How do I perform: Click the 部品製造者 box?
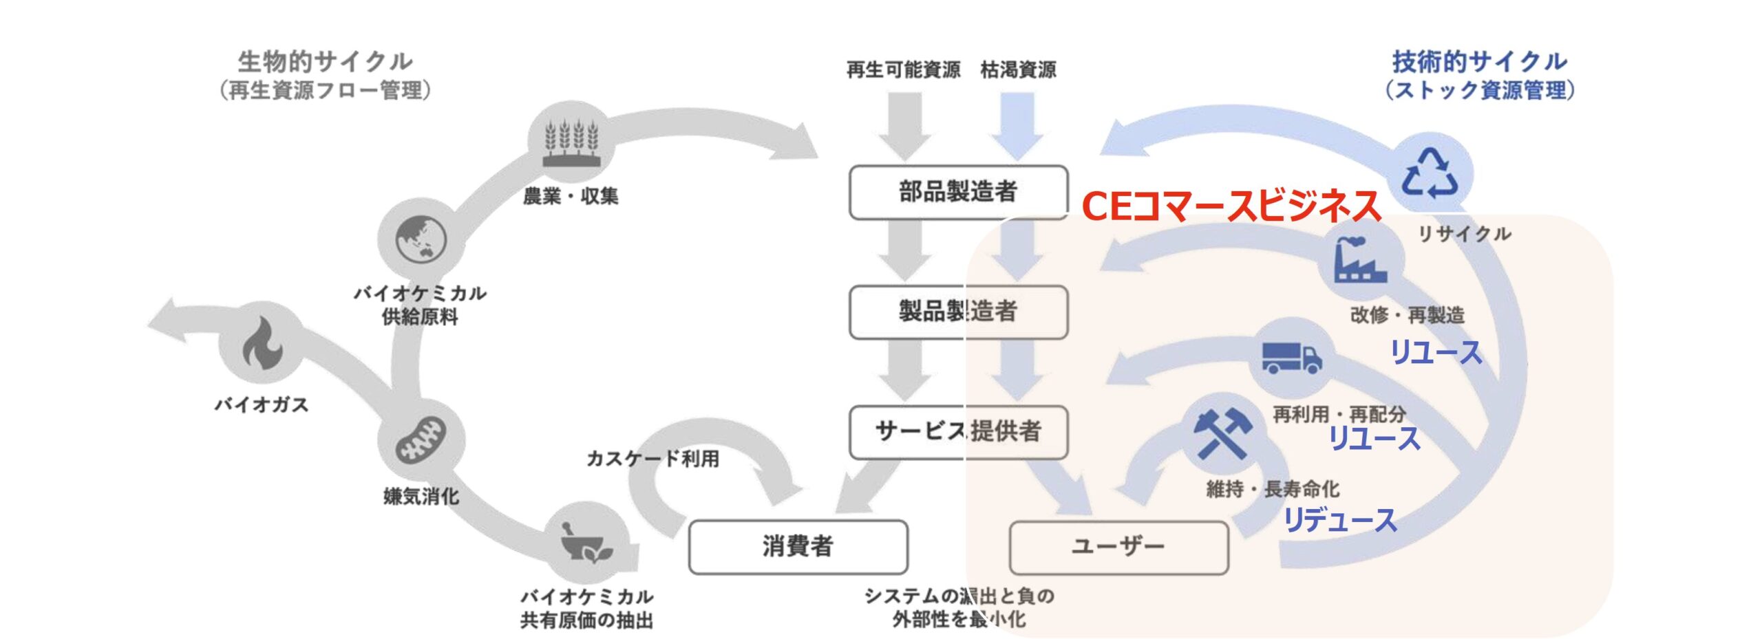point(957,192)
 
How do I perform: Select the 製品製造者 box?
point(957,312)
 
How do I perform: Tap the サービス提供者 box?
point(957,432)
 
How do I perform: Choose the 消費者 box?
point(798,547)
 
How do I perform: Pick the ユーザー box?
point(1118,547)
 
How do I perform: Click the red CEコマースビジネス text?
point(1231,206)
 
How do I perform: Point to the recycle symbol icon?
point(1430,173)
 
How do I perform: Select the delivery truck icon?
point(1292,357)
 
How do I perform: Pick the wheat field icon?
point(571,143)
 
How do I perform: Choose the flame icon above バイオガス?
point(262,343)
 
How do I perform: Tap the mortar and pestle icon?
point(586,543)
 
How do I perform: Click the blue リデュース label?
point(1339,520)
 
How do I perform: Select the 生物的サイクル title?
point(325,62)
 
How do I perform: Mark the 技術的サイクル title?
point(1480,62)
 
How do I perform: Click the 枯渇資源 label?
point(1018,70)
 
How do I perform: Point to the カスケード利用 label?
point(652,459)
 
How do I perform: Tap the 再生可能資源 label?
point(903,70)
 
